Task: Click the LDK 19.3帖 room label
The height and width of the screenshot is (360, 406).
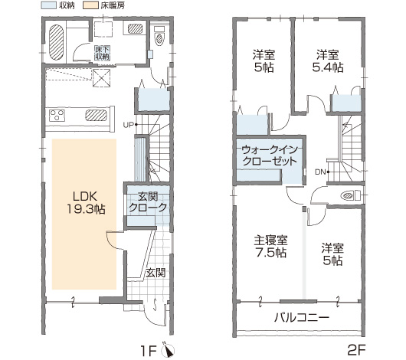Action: (x=86, y=203)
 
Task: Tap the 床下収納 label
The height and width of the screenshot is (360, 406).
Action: (x=103, y=53)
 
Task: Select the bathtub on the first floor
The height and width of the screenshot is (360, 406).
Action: (x=56, y=42)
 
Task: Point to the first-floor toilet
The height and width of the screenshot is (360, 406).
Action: (x=159, y=36)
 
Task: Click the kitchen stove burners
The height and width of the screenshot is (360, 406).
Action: (x=57, y=116)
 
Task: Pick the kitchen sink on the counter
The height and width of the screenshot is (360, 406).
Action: (x=96, y=115)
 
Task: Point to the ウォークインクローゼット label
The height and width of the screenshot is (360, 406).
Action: (x=270, y=155)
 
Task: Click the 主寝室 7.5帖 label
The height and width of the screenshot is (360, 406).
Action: (x=270, y=247)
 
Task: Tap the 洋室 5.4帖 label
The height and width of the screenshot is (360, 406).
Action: (x=328, y=61)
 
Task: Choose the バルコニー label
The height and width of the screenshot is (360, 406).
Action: (x=302, y=317)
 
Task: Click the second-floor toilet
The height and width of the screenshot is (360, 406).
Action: (x=351, y=195)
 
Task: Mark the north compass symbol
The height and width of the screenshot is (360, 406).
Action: (x=168, y=350)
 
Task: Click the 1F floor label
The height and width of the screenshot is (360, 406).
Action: (x=149, y=351)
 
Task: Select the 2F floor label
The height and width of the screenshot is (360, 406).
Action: (x=356, y=351)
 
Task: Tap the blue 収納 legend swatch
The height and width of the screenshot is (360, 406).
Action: (x=49, y=5)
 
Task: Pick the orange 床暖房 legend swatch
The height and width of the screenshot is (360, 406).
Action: (x=90, y=5)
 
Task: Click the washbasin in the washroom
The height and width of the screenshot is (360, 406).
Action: (x=135, y=28)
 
